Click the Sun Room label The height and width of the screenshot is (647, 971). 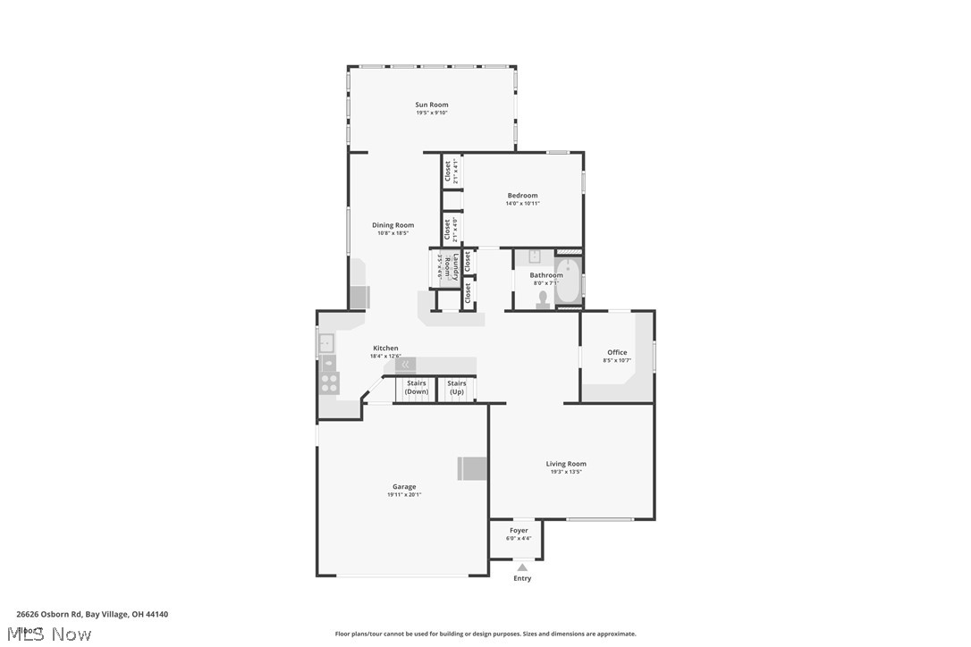432,105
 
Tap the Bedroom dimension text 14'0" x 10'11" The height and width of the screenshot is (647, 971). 522,204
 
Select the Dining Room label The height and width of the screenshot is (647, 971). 393,225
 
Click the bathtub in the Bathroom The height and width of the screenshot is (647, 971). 568,280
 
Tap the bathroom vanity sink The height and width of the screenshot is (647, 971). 534,257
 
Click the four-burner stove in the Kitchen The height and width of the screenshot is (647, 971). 329,383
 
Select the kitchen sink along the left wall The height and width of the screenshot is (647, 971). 326,341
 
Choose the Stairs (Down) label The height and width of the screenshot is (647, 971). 417,388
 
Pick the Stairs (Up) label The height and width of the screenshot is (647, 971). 457,388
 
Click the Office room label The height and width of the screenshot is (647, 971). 617,352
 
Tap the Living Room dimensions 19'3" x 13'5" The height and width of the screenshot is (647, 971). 566,472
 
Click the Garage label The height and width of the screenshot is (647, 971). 404,487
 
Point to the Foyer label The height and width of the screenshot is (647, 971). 519,531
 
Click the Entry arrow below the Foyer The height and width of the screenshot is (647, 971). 522,567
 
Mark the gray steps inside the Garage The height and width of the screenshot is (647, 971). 473,468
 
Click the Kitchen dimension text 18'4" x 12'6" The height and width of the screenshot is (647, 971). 385,357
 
